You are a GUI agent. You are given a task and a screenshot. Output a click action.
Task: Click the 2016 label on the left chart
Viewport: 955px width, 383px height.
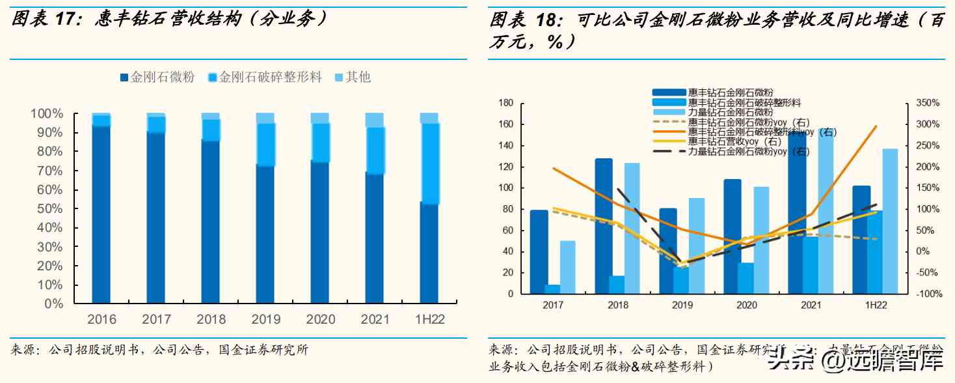click(x=101, y=319)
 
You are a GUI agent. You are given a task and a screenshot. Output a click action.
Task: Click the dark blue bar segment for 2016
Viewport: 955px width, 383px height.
click(x=101, y=215)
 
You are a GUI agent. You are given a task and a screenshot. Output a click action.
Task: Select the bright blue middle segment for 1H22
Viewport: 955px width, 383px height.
click(x=429, y=163)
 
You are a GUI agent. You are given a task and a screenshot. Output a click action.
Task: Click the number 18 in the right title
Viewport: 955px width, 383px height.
click(x=544, y=20)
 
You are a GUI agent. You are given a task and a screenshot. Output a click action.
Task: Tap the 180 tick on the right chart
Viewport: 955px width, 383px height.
click(x=506, y=103)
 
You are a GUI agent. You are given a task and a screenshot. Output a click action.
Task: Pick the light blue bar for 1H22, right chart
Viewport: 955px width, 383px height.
click(x=889, y=221)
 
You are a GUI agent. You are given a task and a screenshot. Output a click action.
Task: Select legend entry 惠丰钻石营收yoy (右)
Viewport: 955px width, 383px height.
click(x=734, y=141)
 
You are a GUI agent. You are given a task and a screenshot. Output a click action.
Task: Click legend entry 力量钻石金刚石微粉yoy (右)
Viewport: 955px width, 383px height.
click(x=749, y=151)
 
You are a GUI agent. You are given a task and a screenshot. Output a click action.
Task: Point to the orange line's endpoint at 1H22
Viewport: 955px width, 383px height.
click(x=876, y=126)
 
